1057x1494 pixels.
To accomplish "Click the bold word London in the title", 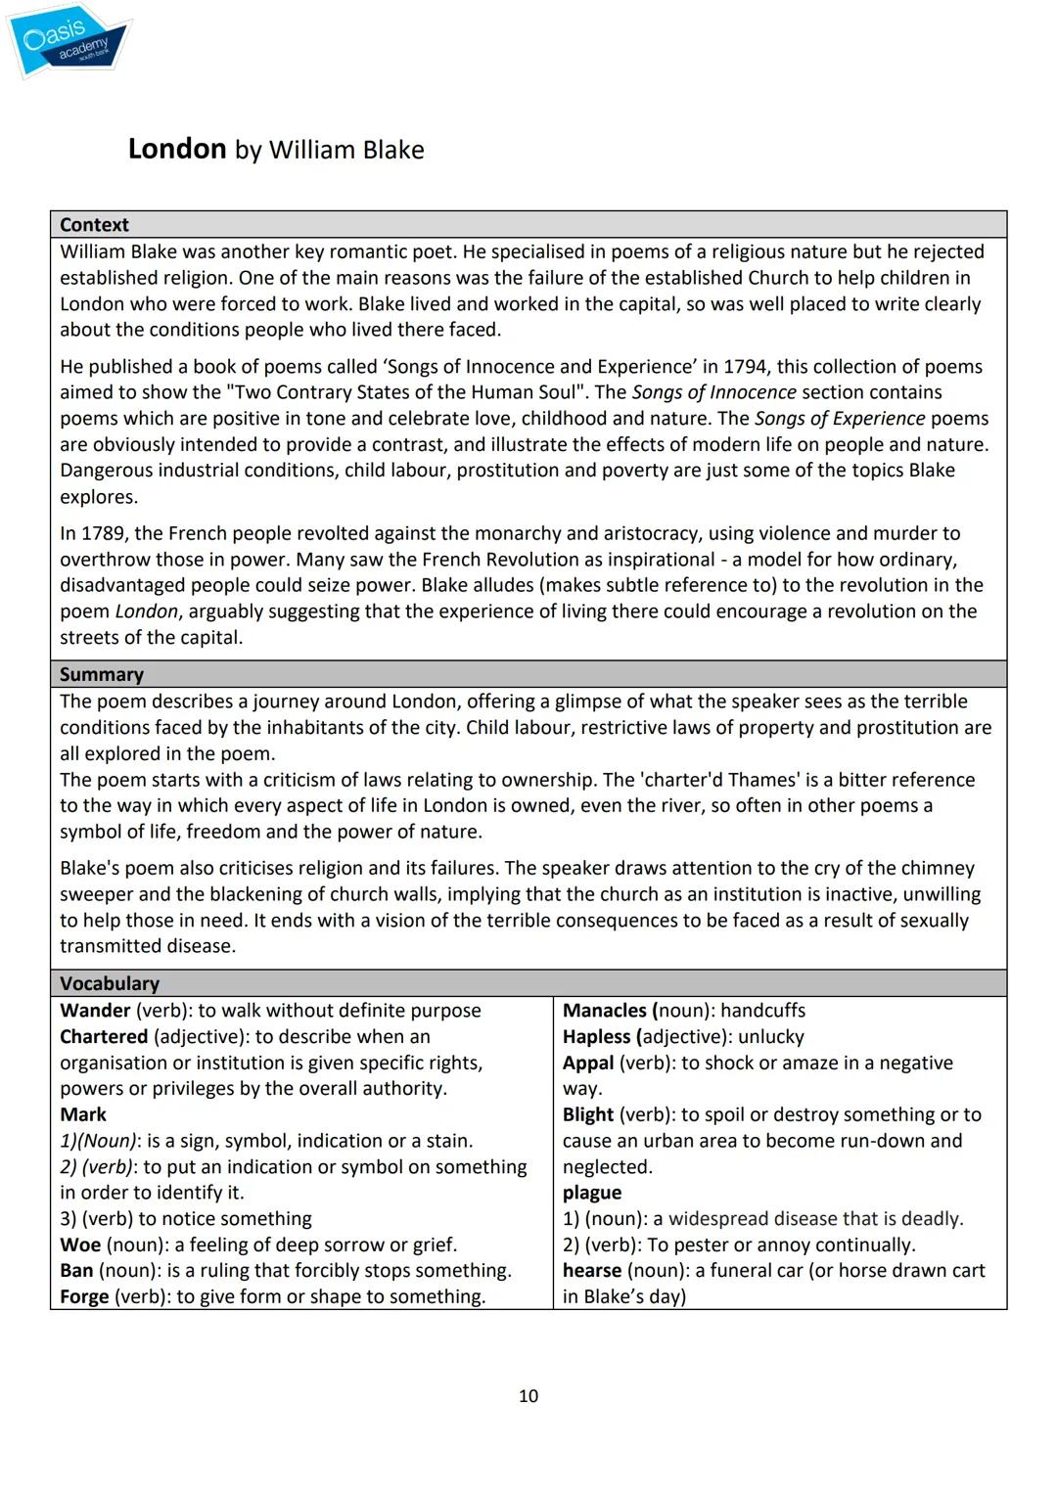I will click(177, 149).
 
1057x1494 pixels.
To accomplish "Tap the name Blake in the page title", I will click(392, 150).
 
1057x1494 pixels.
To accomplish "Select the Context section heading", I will click(94, 225).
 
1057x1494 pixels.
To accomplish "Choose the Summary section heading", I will click(102, 674).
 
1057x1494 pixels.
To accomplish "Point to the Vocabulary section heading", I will click(110, 983).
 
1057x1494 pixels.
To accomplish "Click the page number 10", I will click(528, 1396).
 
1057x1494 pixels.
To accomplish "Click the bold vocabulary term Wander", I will click(95, 1011).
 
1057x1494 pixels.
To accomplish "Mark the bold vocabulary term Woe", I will click(80, 1245).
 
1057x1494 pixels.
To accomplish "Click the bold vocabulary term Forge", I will click(84, 1296).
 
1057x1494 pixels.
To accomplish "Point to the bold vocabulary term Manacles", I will click(605, 1011).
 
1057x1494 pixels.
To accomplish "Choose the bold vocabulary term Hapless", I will click(597, 1036).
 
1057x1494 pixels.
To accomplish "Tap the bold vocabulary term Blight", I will click(588, 1114).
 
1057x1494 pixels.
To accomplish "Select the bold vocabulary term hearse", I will click(592, 1270).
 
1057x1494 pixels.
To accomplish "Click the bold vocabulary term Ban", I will click(76, 1270).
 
